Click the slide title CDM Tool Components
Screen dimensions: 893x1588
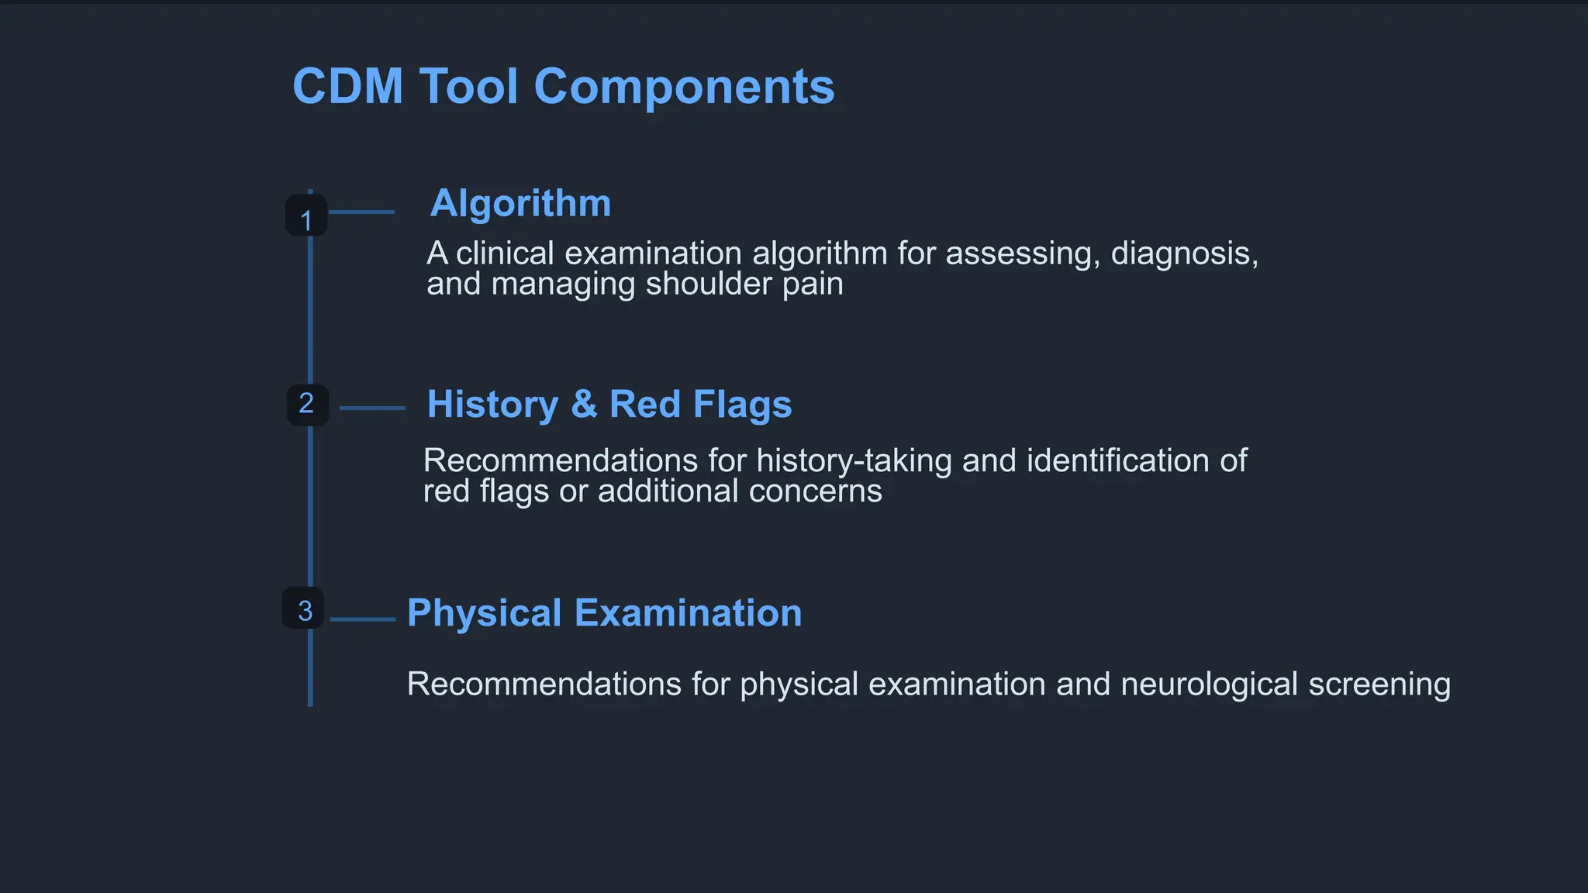(563, 86)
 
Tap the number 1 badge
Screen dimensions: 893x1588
(306, 215)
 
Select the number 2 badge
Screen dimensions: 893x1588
(307, 404)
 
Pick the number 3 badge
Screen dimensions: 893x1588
(304, 609)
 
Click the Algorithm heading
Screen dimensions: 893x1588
(520, 204)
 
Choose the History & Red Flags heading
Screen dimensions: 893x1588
(609, 405)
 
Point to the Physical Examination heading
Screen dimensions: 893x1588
(604, 613)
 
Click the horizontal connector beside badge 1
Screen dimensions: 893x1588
(361, 212)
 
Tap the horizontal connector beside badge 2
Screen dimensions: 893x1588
(372, 408)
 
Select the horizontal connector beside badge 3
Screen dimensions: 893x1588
(363, 619)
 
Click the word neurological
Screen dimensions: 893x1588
(1209, 684)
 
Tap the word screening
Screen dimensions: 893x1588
(1379, 684)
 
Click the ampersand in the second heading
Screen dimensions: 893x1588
(584, 405)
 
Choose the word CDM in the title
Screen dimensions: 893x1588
(347, 86)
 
